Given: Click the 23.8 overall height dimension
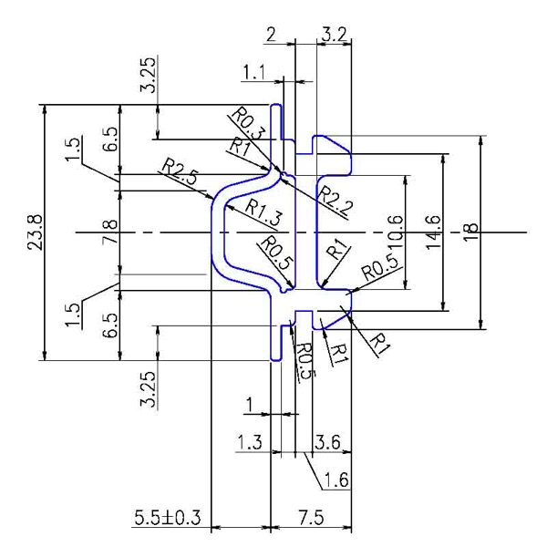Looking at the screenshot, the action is click(36, 232).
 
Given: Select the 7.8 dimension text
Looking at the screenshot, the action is click(109, 232).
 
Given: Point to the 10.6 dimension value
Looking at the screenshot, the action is click(396, 232).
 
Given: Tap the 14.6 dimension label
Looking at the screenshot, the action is click(434, 232).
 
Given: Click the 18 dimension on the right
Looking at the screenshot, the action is click(471, 232).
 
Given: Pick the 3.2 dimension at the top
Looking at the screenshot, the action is click(334, 35).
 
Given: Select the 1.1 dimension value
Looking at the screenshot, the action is click(254, 73).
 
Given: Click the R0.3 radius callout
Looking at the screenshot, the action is click(248, 123).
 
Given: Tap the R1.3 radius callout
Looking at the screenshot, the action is click(263, 212).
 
